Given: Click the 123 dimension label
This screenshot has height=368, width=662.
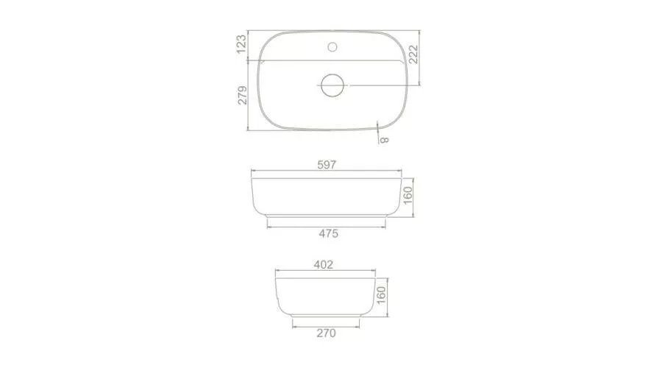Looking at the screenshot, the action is coord(241,44).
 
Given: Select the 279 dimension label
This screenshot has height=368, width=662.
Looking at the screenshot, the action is coord(242,95).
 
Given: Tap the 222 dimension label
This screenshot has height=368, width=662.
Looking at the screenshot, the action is coord(413,54).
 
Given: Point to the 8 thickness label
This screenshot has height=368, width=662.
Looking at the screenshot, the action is coord(384,140).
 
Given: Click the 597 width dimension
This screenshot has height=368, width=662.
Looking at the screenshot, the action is coord(327,164).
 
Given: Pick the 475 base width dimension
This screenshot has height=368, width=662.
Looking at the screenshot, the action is coord(329,233).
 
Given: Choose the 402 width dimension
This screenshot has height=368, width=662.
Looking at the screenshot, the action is coord(324,264).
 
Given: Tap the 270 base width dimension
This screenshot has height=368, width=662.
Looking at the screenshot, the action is coord(327,333).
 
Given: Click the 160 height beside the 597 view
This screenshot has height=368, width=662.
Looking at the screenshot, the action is coord(407,196).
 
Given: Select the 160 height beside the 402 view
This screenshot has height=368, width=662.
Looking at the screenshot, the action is coord(381,295).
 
